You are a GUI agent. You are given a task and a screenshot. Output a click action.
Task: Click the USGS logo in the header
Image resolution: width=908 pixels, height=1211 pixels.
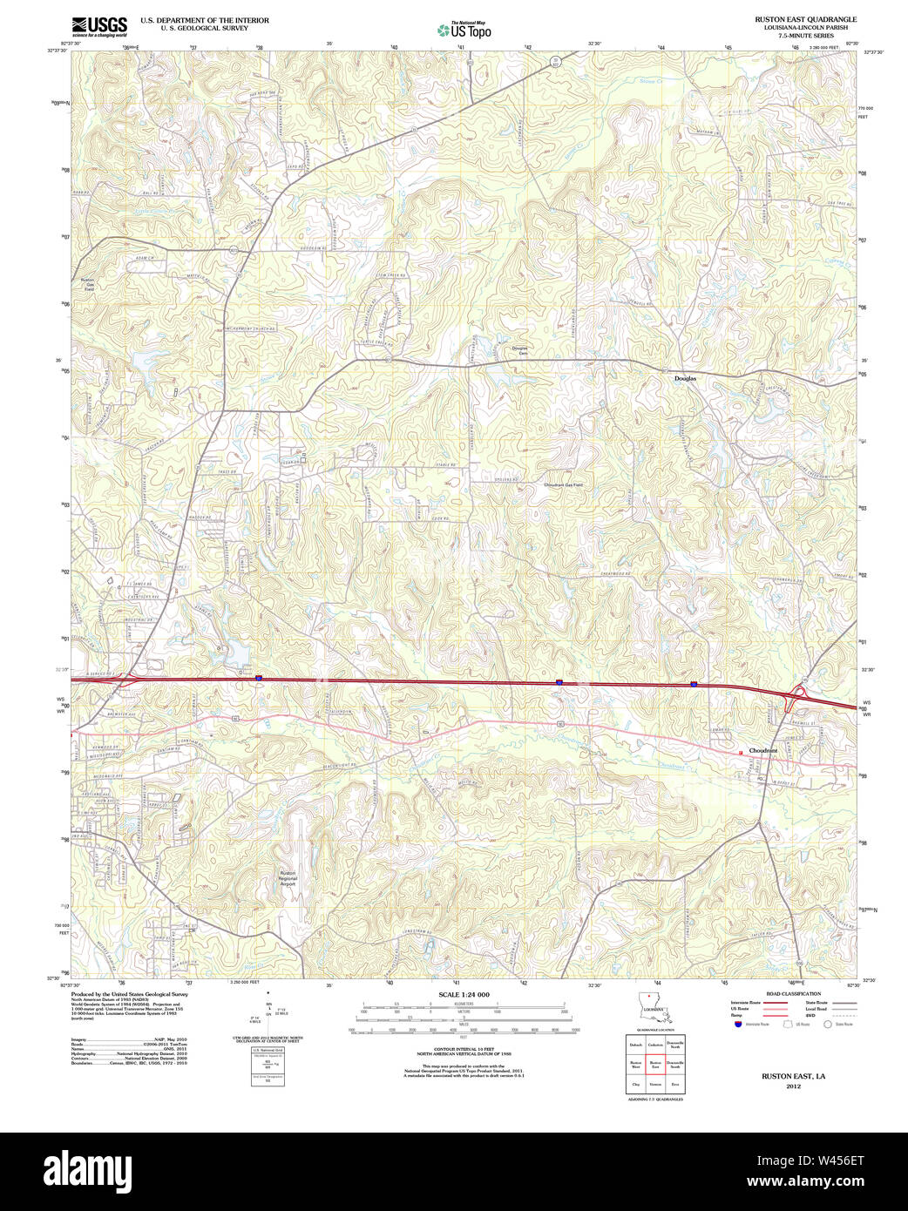[99, 25]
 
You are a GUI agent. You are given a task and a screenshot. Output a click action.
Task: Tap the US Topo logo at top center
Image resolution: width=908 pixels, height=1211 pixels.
[464, 30]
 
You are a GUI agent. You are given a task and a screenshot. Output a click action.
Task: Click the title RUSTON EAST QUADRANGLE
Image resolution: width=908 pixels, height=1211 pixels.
[805, 19]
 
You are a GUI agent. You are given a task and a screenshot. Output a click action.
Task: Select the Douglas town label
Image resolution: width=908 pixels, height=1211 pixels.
[685, 379]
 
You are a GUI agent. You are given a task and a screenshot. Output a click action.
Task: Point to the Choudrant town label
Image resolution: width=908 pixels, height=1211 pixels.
[762, 750]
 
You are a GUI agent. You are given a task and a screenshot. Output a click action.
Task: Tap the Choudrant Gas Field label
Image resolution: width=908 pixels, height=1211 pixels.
[563, 484]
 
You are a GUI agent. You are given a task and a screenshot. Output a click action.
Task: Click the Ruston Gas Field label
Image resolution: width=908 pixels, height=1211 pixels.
[87, 284]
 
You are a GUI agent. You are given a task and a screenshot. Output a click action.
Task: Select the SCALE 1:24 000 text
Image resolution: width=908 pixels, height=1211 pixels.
[464, 994]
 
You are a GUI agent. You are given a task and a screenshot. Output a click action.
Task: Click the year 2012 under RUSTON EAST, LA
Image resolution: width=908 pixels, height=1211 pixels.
[793, 1086]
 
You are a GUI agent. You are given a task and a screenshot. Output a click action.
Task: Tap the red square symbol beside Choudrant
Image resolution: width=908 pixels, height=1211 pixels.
[740, 752]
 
